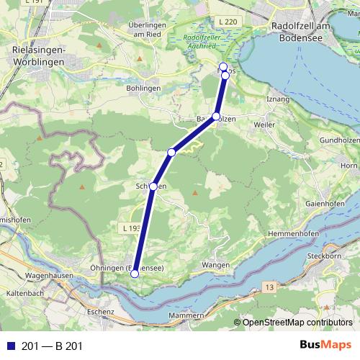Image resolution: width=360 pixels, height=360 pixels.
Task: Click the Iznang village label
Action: coord(278,98)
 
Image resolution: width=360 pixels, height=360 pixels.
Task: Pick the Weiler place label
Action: coord(264,125)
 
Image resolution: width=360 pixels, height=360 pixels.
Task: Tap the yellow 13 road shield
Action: coord(269,287)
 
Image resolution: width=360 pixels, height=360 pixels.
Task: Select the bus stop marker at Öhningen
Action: coord(135,273)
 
